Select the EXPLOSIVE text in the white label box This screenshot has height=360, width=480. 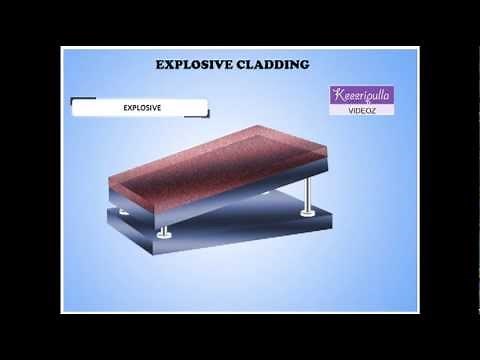click(142, 105)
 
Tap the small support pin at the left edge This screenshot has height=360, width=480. click(122, 210)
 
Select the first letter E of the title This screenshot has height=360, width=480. click(160, 65)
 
